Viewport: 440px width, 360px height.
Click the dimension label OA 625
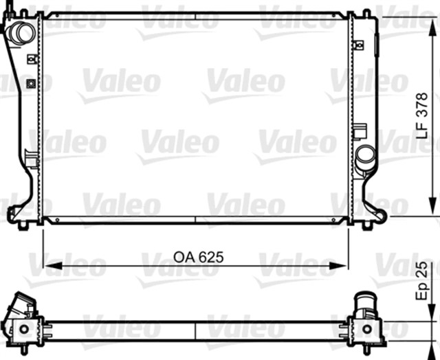point(198,257)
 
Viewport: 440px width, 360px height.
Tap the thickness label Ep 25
point(425,284)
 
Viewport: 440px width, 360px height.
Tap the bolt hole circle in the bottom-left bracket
point(25,329)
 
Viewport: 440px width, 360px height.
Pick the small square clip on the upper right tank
point(357,45)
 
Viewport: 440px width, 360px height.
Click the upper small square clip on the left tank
point(31,59)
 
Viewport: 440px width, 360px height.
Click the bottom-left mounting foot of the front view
point(24,224)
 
